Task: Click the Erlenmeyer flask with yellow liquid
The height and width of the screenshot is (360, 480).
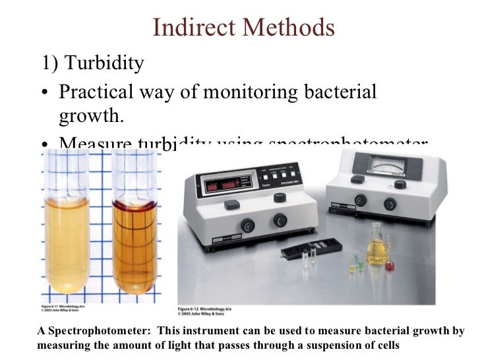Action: point(377,247)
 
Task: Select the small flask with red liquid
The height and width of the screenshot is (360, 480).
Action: point(390,265)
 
